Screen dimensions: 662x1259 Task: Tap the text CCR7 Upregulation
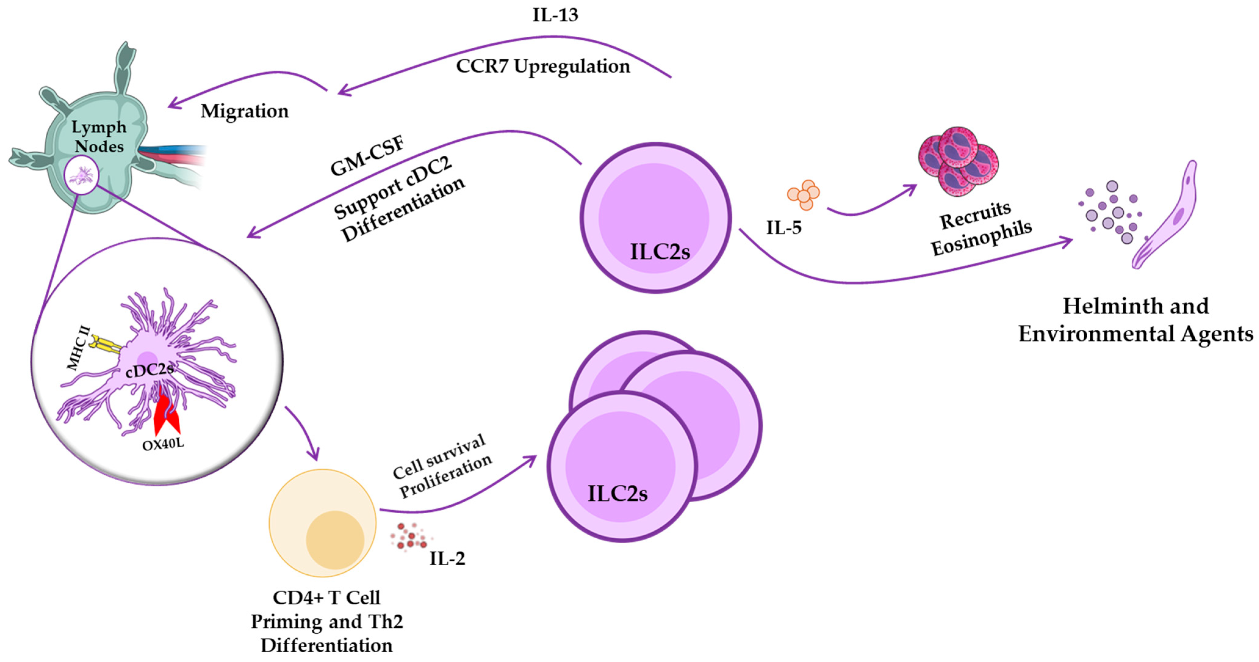coord(543,66)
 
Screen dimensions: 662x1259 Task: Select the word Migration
coord(244,111)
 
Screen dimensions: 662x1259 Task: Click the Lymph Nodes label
coord(99,136)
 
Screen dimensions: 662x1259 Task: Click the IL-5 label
coord(784,227)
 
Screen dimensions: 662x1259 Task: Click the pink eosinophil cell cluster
coord(958,162)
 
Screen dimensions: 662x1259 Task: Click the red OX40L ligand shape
coord(167,416)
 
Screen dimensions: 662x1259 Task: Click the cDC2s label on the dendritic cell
coord(149,369)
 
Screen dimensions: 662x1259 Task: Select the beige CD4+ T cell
coord(323,522)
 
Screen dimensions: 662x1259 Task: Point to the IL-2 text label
coord(447,558)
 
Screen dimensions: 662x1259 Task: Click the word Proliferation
coord(446,476)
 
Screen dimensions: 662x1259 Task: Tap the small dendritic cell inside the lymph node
coord(82,175)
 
